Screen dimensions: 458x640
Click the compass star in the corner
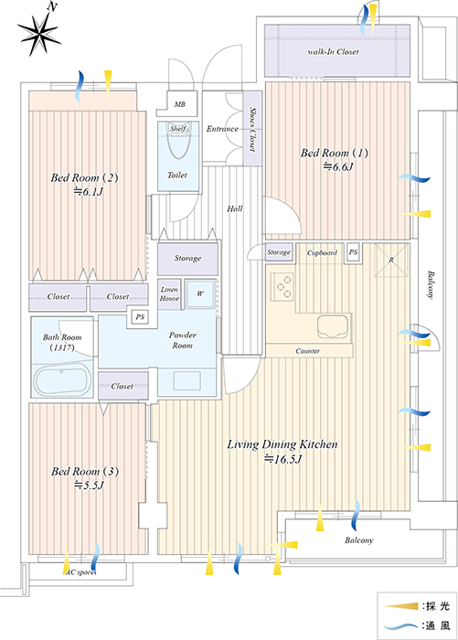coord(39,34)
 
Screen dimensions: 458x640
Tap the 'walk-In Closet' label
coord(333,52)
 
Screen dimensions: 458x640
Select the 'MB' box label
coord(179,104)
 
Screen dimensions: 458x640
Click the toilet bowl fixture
coord(178,140)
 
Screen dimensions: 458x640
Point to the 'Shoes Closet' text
coord(252,130)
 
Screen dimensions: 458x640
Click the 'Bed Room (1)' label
coord(335,153)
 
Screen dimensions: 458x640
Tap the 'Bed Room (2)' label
coord(84,178)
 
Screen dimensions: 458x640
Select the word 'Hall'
coord(235,209)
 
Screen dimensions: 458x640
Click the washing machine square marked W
coord(200,293)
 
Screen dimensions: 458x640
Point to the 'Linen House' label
coord(169,293)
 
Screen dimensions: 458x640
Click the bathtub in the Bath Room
coord(61,381)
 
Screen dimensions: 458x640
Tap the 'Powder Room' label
coord(183,340)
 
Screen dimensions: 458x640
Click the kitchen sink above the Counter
coord(333,326)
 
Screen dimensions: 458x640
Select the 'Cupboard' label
coord(322,252)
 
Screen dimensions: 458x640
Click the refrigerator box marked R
coord(391,260)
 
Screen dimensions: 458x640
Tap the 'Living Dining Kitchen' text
coord(282,444)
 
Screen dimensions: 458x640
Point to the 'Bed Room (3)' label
coord(85,472)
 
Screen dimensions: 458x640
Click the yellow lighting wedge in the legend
coord(401,606)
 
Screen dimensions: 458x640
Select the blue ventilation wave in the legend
coord(401,625)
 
